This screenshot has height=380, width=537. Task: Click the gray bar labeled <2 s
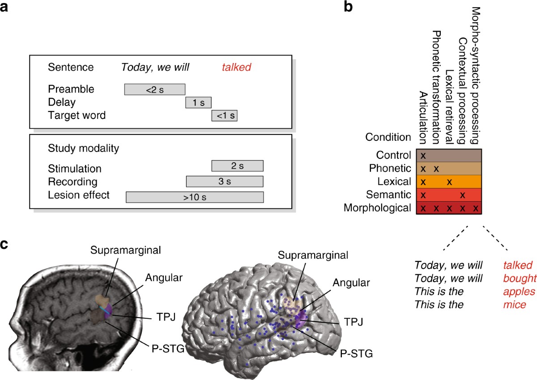click(154, 89)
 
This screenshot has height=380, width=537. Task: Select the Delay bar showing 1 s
click(198, 102)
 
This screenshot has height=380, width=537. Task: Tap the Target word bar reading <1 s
click(224, 115)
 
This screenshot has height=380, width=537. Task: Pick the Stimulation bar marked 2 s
click(237, 166)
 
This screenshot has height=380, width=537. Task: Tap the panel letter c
click(6, 245)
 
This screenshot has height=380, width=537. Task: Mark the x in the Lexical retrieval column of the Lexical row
click(450, 182)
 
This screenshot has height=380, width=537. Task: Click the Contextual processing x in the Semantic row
click(463, 195)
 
